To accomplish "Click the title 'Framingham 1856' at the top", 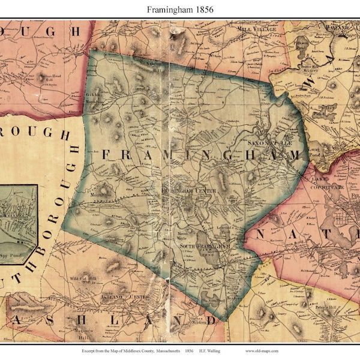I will [180, 10].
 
